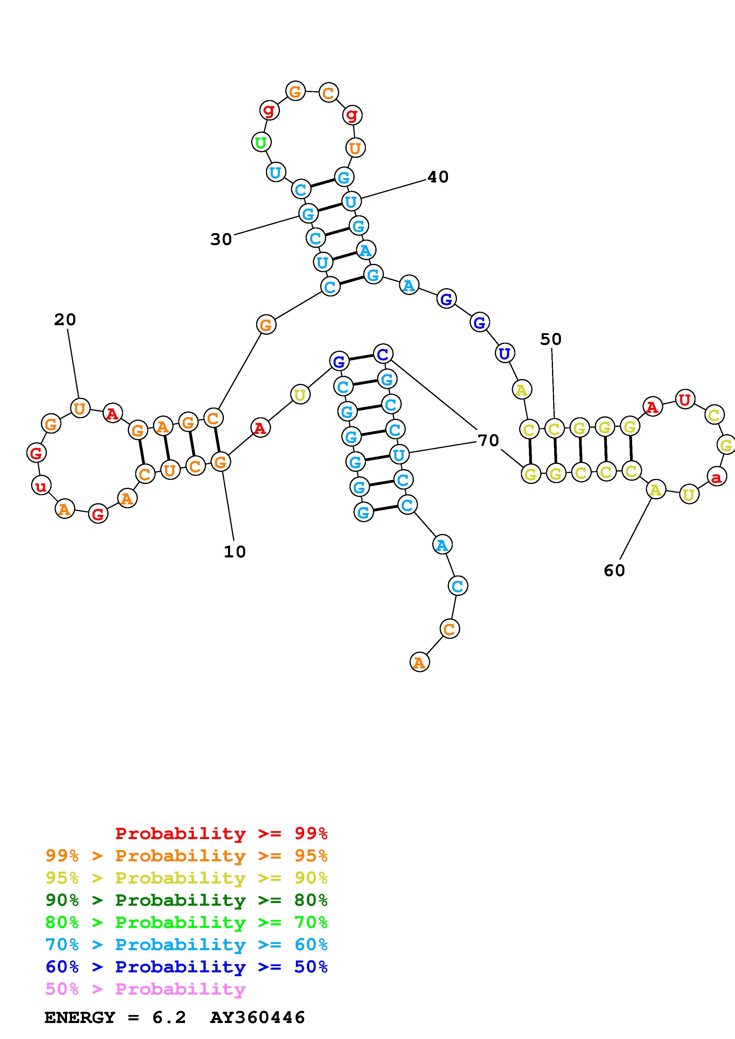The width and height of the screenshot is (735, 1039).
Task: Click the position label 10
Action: (235, 551)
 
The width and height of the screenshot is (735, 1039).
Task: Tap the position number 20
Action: (65, 320)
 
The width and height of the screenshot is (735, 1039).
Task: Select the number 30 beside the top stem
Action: (221, 239)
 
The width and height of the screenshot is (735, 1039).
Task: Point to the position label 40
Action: (438, 177)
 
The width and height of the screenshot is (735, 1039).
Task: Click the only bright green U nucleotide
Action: (261, 142)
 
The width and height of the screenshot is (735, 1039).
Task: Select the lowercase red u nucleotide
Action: (41, 486)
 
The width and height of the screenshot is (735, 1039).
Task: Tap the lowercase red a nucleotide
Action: (716, 477)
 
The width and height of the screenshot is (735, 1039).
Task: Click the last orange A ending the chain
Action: (419, 663)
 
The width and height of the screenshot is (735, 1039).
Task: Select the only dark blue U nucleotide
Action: (505, 353)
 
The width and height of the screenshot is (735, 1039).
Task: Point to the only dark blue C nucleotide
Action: (383, 354)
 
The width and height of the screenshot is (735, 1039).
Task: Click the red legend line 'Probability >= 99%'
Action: (221, 833)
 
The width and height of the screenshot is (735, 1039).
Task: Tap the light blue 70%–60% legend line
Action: (186, 945)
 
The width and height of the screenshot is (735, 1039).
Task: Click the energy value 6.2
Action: (169, 1018)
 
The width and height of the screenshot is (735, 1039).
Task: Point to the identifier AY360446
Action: (257, 1018)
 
